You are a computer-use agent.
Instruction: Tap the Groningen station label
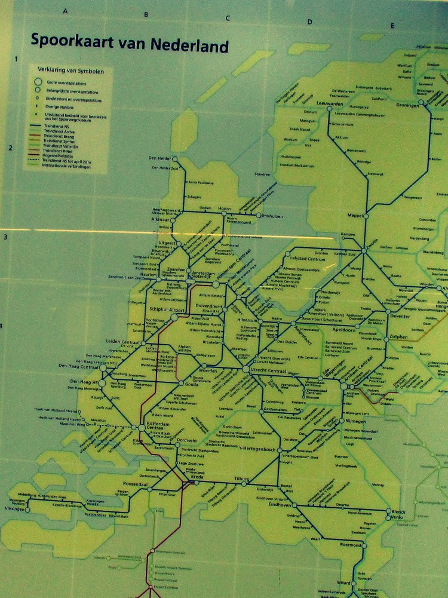(x=409, y=105)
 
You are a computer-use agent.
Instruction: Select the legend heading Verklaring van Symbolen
(x=70, y=70)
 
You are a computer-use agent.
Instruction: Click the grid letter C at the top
(x=227, y=18)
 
